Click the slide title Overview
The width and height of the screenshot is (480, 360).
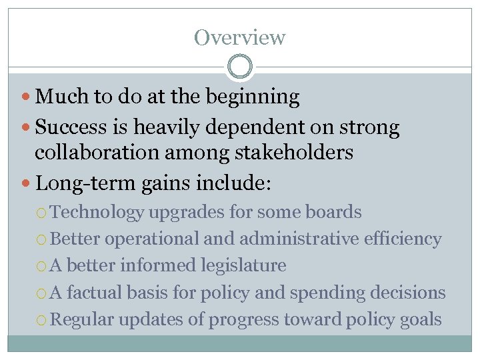click(239, 37)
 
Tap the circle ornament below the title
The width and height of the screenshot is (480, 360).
click(239, 67)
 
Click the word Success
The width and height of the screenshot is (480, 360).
click(73, 127)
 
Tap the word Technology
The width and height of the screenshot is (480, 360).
click(97, 213)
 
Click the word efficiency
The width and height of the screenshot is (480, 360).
click(403, 239)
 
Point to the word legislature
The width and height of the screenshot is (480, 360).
click(244, 265)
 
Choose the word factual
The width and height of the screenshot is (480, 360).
click(98, 292)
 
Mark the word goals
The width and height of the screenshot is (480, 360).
click(419, 319)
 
